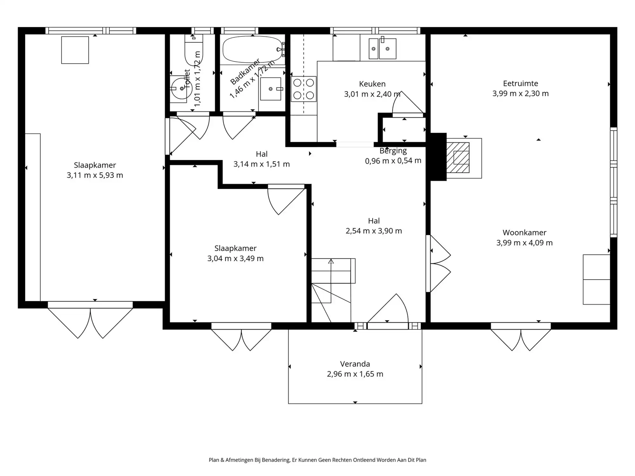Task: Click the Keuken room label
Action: [372, 84]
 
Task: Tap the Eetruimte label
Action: [520, 83]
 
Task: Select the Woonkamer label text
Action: [524, 233]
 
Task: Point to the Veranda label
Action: [355, 364]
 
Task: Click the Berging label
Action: [393, 151]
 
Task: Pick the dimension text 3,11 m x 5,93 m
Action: [95, 175]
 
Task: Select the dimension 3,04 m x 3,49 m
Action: [235, 259]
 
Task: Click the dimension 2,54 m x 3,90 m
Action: [374, 231]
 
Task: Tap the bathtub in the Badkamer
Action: [252, 50]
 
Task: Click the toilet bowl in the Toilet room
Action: [193, 51]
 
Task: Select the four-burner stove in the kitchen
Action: [304, 89]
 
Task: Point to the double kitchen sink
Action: [382, 49]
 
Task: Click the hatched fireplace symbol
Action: [458, 158]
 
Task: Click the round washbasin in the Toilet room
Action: [180, 89]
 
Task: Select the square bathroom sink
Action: [271, 89]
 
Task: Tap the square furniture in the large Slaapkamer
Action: [75, 50]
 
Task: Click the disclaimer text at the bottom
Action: [317, 460]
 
